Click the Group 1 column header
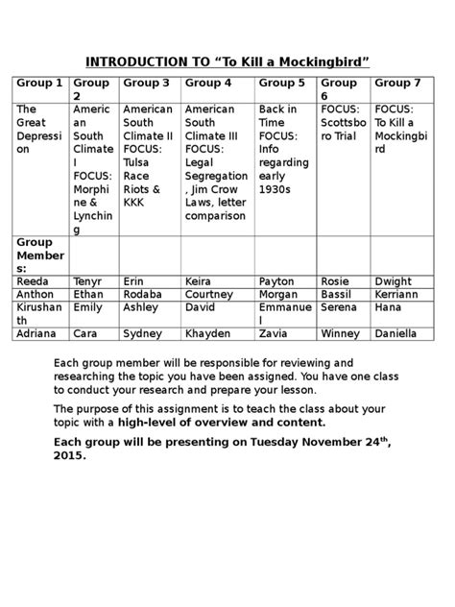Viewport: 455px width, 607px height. [39, 84]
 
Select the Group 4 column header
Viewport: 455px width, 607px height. [208, 84]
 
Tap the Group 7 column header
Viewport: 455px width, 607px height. [397, 84]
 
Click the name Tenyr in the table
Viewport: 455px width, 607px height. [89, 280]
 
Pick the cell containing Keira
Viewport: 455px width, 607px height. [199, 280]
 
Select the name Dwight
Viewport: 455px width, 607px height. [394, 280]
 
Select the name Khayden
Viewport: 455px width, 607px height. [208, 333]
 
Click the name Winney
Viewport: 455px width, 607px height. [340, 333]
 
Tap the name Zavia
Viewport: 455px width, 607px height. [275, 333]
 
